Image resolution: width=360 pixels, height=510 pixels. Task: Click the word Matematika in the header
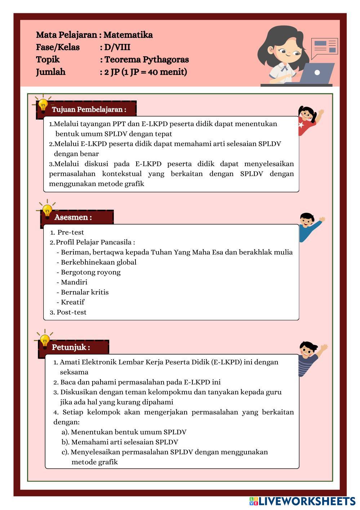(128, 35)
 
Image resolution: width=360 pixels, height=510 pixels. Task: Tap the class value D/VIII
(117, 47)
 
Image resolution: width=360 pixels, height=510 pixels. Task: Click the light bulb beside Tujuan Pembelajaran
(43, 105)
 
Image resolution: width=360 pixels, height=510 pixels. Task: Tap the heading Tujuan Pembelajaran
(89, 110)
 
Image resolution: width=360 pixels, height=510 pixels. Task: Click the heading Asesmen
(73, 217)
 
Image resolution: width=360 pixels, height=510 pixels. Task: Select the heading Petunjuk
(71, 347)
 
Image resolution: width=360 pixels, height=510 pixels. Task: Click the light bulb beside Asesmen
(47, 210)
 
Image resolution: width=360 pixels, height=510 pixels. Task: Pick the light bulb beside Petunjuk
(45, 340)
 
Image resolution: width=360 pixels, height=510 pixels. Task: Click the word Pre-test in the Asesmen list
(71, 232)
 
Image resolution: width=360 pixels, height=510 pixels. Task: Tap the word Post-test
(71, 312)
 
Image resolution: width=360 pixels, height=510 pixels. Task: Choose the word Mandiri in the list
(74, 282)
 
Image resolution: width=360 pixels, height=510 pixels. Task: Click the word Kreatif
(72, 302)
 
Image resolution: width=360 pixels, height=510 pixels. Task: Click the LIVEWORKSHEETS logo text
(307, 501)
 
